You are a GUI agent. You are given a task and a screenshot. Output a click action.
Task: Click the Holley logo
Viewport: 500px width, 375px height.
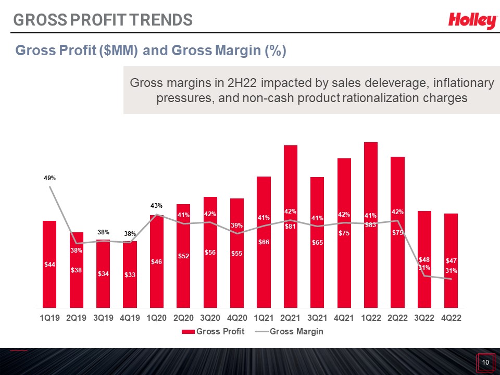[x=472, y=21]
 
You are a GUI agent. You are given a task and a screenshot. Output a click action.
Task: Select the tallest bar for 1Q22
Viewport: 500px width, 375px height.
[x=370, y=225]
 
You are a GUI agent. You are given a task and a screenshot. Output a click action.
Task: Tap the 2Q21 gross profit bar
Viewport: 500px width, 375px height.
[x=291, y=227]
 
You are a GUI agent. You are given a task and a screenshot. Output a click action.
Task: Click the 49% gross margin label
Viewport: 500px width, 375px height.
[x=50, y=178]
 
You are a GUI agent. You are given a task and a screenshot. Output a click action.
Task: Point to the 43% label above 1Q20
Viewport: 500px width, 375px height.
[x=157, y=206]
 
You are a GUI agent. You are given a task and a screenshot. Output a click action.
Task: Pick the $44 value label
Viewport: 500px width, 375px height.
[x=50, y=265]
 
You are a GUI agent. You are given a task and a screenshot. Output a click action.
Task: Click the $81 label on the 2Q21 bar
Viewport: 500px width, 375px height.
[x=290, y=227]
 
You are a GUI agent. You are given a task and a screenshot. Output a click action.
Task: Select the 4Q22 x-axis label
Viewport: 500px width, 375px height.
[x=451, y=318]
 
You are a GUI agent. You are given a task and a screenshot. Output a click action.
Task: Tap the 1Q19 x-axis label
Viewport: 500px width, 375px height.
[x=50, y=318]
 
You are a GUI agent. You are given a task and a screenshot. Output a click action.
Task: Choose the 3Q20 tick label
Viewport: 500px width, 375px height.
[x=210, y=318]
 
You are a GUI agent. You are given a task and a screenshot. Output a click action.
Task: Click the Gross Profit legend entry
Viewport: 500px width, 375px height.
[x=213, y=332]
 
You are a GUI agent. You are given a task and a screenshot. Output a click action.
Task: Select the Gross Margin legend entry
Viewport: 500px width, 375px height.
[x=289, y=332]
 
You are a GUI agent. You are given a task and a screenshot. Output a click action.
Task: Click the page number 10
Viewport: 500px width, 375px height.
[x=485, y=362]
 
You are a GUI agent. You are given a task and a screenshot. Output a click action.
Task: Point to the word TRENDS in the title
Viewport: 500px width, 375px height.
[x=161, y=20]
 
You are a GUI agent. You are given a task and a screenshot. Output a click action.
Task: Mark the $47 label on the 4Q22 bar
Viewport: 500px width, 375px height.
[x=451, y=261]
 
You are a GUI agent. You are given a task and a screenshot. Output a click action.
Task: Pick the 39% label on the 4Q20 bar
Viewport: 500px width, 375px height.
[x=237, y=226]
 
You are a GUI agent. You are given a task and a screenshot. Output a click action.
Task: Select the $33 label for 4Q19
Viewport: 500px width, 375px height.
[x=130, y=274]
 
